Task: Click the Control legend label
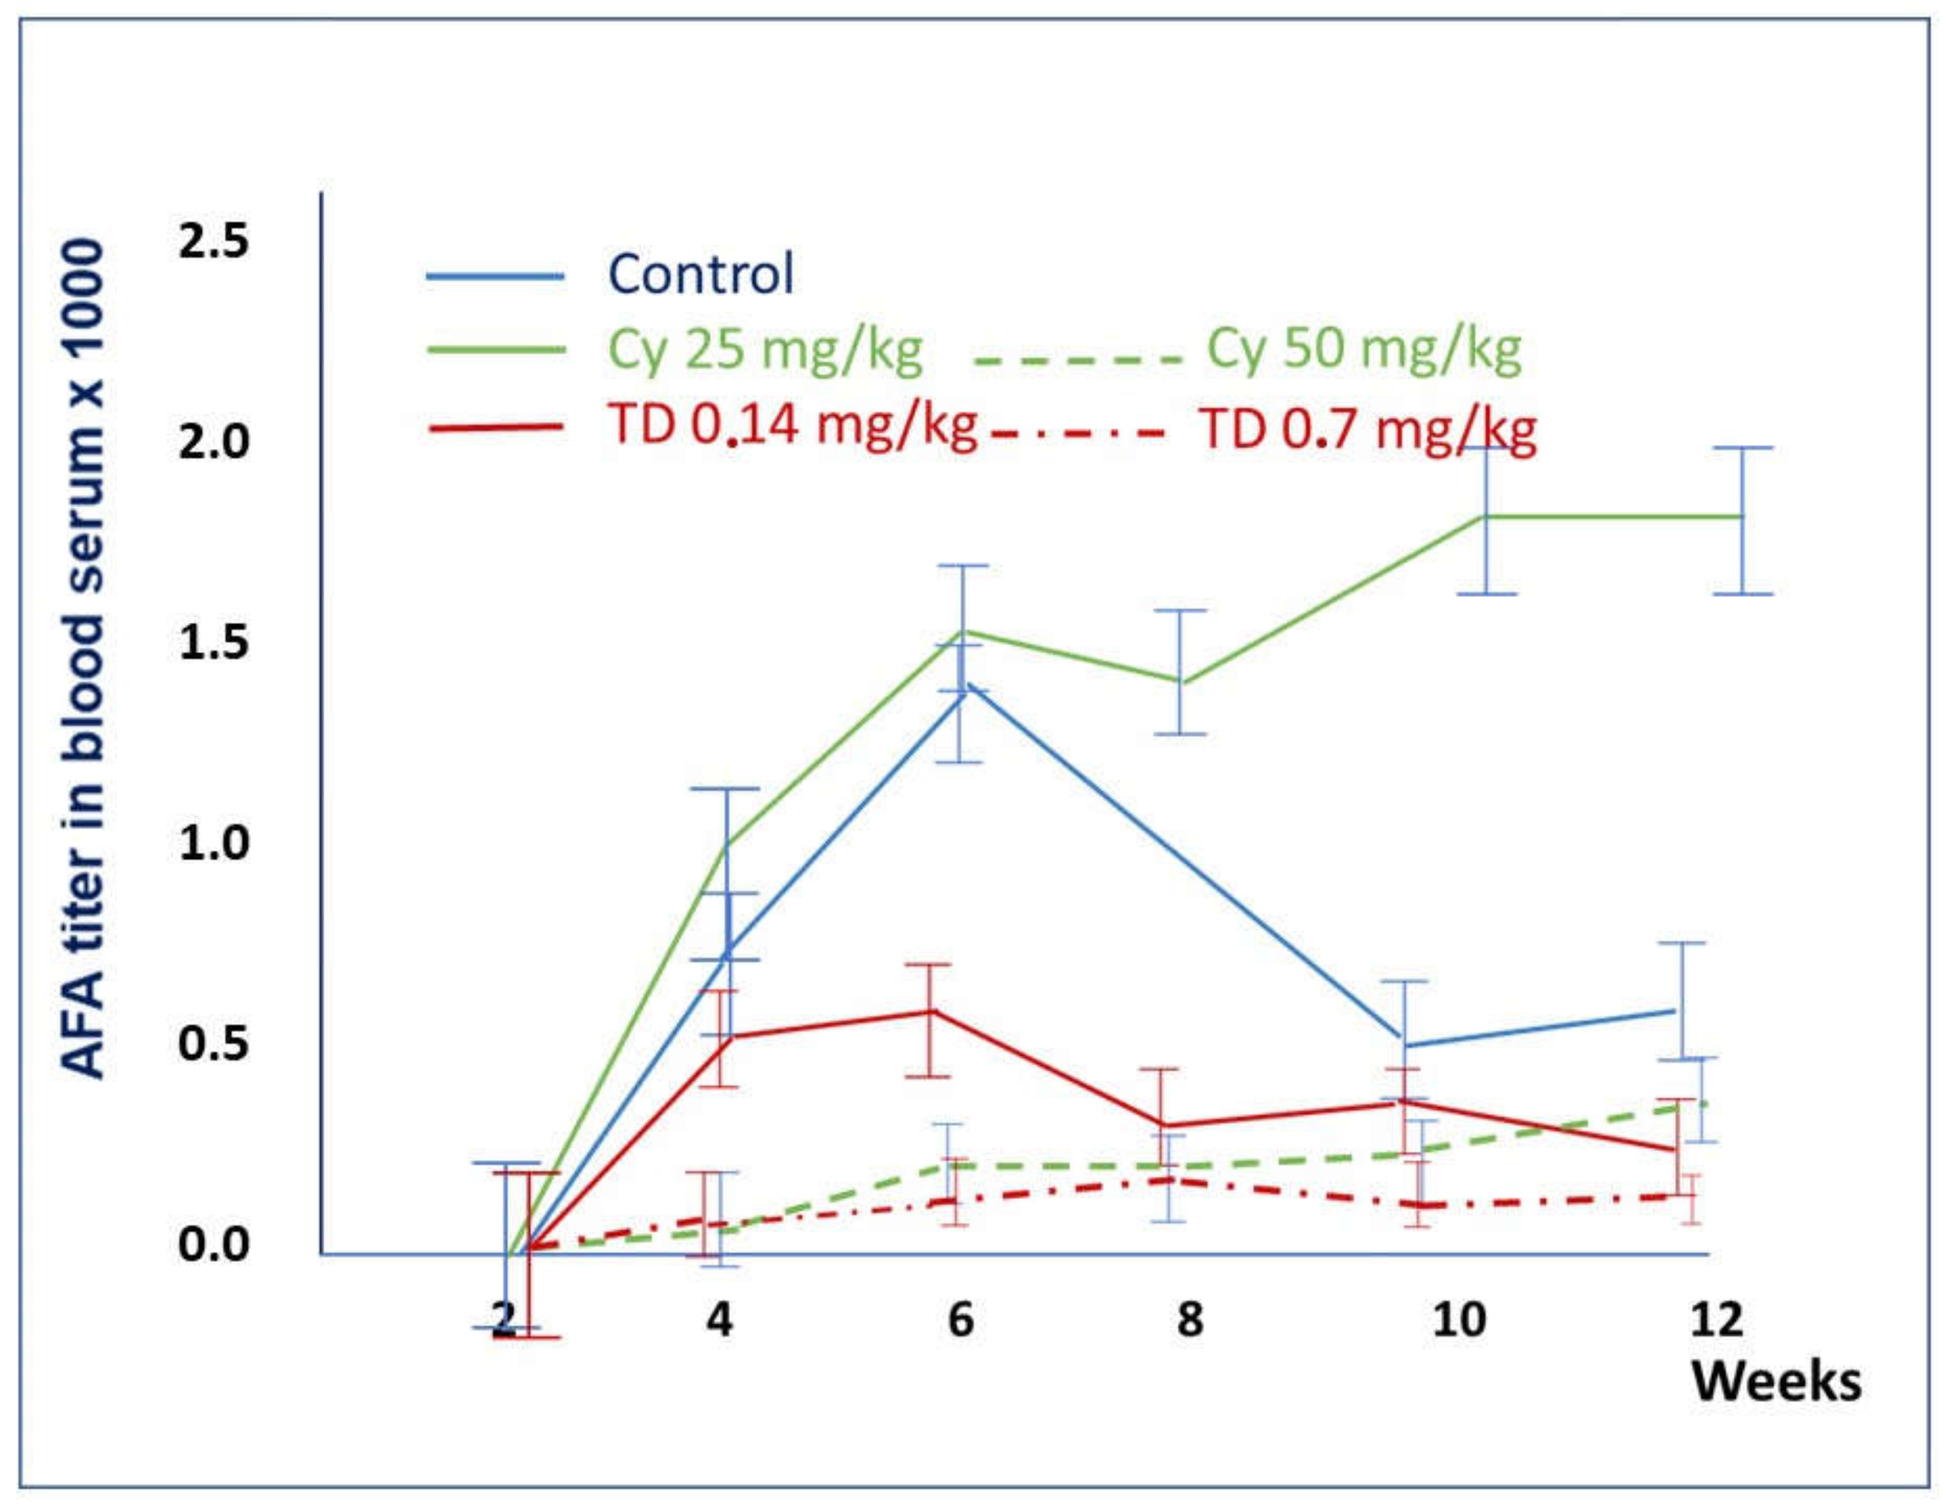tap(700, 274)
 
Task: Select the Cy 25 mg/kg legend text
tap(765, 349)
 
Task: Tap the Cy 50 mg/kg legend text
tap(1364, 349)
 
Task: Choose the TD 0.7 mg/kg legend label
tap(1367, 430)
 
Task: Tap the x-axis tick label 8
tap(1189, 1319)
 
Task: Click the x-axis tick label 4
tap(719, 1319)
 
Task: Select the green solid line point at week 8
tap(1181, 682)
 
